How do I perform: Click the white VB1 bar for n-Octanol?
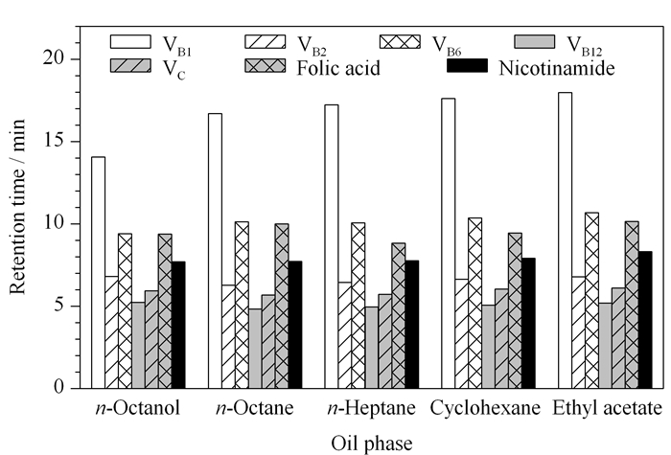pos(99,273)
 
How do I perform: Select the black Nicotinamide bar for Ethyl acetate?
pos(645,320)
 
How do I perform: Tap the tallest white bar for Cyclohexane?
pos(449,243)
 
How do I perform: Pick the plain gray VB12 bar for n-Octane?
pos(255,349)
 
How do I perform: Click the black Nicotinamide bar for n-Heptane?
pos(412,325)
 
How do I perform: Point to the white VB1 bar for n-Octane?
pos(215,251)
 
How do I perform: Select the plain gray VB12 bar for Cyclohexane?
pos(488,347)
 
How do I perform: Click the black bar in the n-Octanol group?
pos(178,325)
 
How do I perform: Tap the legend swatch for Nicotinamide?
pos(468,65)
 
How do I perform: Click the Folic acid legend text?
pos(338,68)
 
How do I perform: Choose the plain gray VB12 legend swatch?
pos(535,42)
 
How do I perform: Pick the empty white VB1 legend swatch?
pos(130,42)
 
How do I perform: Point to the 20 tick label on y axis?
pos(56,58)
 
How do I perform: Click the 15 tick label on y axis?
pos(56,141)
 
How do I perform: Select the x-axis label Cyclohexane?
pos(485,408)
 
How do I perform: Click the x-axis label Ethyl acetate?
pos(607,408)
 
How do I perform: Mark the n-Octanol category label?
pos(138,408)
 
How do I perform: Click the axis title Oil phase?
pos(372,444)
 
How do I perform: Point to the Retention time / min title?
pos(18,207)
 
